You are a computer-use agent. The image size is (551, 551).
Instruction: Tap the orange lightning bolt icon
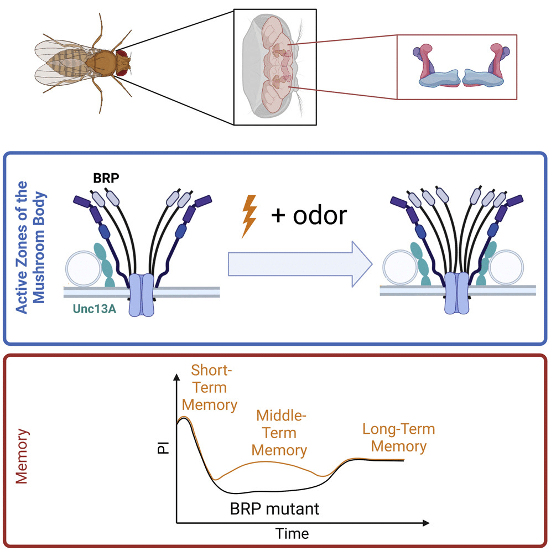click(249, 216)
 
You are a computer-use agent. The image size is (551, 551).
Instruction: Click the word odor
click(320, 215)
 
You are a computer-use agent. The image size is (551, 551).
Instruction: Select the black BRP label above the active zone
click(106, 178)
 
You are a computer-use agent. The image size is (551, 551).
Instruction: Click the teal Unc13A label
click(94, 309)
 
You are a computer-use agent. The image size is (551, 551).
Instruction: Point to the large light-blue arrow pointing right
click(300, 264)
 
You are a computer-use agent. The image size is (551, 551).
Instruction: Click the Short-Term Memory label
click(210, 388)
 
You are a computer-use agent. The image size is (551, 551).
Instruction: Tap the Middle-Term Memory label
click(279, 433)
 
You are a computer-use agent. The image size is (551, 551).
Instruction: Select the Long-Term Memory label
click(399, 438)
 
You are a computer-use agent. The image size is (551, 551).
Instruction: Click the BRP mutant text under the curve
click(274, 509)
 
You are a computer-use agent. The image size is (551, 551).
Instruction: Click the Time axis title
click(292, 534)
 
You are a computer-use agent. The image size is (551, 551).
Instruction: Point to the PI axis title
click(163, 448)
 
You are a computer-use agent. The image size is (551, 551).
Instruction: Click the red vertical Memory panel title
click(22, 456)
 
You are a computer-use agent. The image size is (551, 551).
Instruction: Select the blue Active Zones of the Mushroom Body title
click(30, 247)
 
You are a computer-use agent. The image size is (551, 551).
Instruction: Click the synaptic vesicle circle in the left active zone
click(84, 268)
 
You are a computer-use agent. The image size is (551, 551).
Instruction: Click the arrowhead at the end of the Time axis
click(426, 523)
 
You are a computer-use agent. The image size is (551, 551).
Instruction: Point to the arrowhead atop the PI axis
click(177, 377)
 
